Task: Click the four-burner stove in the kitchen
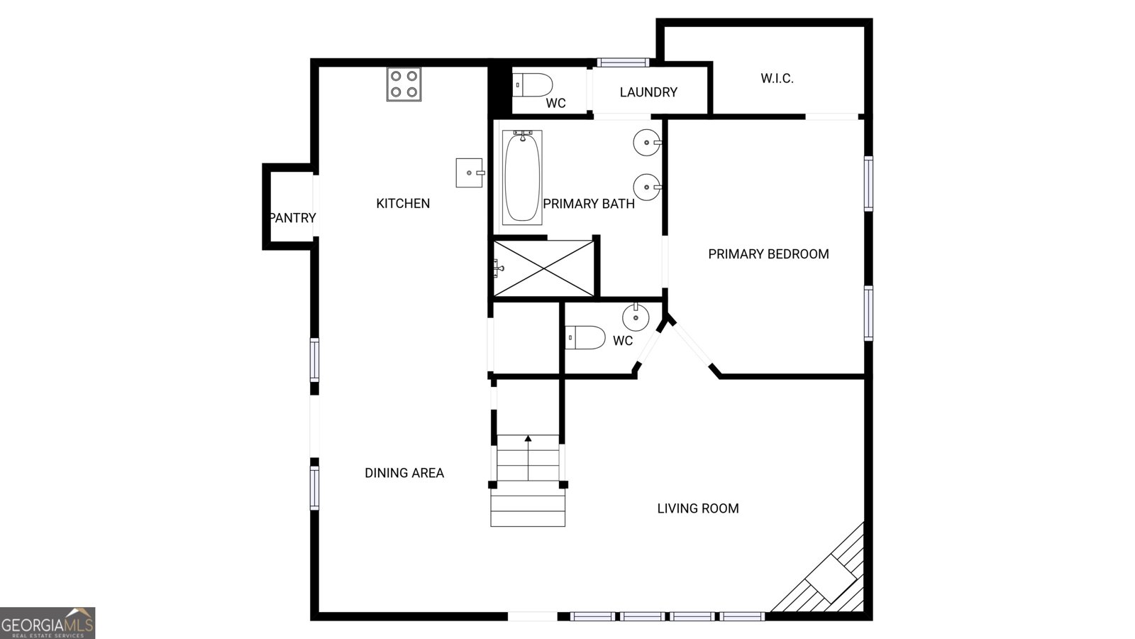pyautogui.click(x=404, y=84)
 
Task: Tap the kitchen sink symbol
pyautogui.click(x=469, y=173)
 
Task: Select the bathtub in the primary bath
pyautogui.click(x=522, y=177)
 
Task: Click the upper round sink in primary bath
pyautogui.click(x=647, y=143)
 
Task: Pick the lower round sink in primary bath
pyautogui.click(x=647, y=187)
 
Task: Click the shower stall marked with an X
pyautogui.click(x=544, y=268)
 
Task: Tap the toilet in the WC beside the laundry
pyautogui.click(x=533, y=84)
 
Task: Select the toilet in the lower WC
pyautogui.click(x=585, y=337)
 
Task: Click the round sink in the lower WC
pyautogui.click(x=636, y=316)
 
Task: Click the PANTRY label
pyautogui.click(x=292, y=218)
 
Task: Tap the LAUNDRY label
pyautogui.click(x=648, y=92)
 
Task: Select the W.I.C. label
pyautogui.click(x=777, y=79)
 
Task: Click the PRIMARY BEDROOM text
pyautogui.click(x=768, y=254)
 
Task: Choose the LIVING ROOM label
pyautogui.click(x=698, y=508)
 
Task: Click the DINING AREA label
pyautogui.click(x=404, y=473)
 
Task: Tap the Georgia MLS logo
pyautogui.click(x=48, y=623)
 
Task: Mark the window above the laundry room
pyautogui.click(x=623, y=62)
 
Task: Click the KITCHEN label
pyautogui.click(x=403, y=204)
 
